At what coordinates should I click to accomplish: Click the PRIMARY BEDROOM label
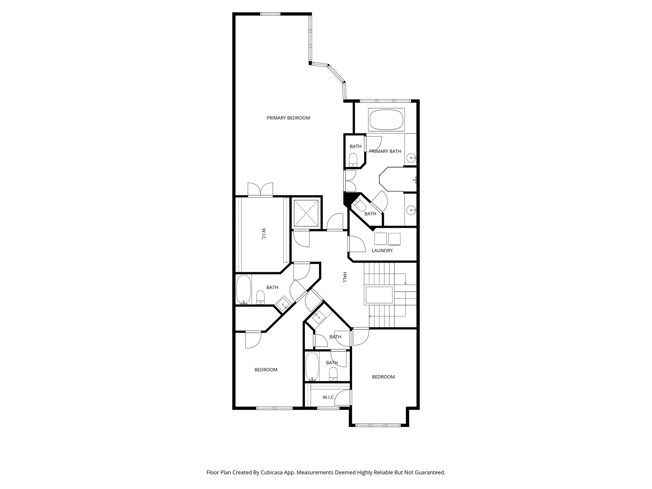[288, 118]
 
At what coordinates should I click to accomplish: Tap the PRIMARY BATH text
[385, 152]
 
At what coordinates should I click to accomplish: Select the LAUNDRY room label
[382, 251]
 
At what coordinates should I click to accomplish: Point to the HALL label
[345, 277]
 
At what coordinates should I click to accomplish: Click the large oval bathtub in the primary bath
[386, 120]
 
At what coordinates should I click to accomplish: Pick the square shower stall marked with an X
[306, 213]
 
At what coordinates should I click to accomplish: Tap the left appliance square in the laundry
[380, 239]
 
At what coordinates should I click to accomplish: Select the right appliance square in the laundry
[394, 239]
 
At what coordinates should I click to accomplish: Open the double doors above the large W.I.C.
[260, 190]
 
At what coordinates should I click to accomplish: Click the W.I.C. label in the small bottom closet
[329, 397]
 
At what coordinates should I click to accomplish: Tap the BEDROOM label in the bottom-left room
[266, 370]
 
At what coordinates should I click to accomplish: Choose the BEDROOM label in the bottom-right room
[383, 377]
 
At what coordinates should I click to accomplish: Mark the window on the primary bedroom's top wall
[270, 14]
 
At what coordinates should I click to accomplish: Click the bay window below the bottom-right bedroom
[378, 425]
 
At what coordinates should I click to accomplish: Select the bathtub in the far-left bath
[243, 290]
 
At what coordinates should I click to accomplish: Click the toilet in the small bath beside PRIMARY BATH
[353, 159]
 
